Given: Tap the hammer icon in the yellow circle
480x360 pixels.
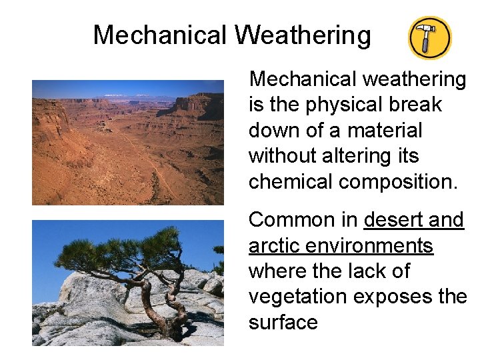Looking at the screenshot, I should (x=429, y=38).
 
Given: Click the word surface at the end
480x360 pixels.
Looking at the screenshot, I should (x=283, y=323).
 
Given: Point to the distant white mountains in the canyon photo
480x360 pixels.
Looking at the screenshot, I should (x=127, y=95).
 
